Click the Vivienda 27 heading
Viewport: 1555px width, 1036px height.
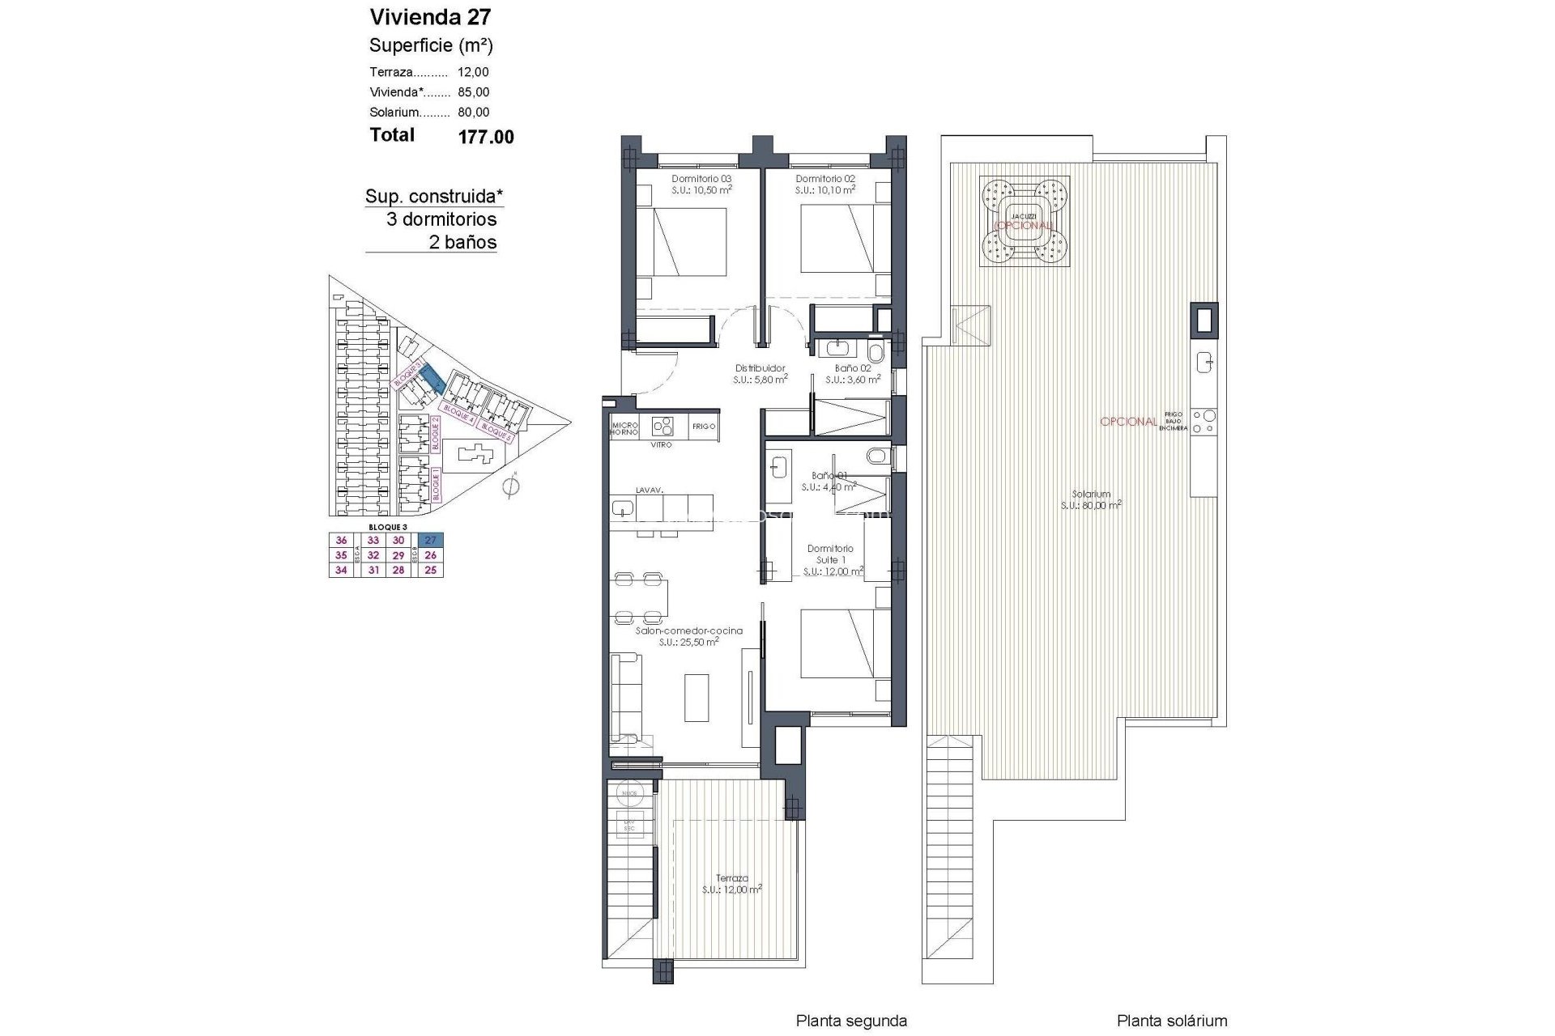(x=430, y=17)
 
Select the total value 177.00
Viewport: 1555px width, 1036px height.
(x=486, y=138)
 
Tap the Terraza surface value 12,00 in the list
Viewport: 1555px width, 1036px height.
(x=473, y=72)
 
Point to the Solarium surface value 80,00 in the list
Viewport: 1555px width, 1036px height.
(x=473, y=113)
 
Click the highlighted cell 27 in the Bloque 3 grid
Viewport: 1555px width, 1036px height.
(x=430, y=541)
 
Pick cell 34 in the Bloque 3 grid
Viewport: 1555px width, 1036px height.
(x=341, y=570)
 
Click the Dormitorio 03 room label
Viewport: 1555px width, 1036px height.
(x=701, y=179)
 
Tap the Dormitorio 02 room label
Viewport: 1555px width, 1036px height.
(x=824, y=179)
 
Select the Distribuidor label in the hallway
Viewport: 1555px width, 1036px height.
(x=760, y=368)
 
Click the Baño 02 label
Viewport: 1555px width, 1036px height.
(x=853, y=368)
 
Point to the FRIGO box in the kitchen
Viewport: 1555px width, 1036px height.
(x=704, y=427)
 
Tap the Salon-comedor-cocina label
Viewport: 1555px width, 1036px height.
(x=688, y=631)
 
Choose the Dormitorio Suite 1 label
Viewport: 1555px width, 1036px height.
(x=830, y=554)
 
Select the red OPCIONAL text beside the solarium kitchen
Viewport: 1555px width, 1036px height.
(x=1127, y=422)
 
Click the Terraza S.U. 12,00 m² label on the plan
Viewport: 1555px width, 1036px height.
(x=731, y=883)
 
